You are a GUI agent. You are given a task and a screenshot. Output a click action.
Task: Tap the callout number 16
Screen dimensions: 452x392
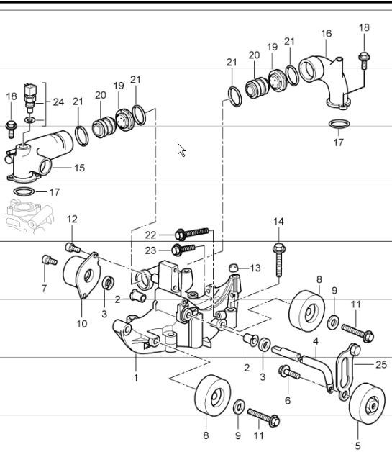(x=326, y=34)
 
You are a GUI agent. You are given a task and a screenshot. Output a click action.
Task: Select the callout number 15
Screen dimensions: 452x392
(x=78, y=168)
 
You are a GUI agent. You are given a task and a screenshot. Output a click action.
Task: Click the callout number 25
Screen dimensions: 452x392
(x=381, y=365)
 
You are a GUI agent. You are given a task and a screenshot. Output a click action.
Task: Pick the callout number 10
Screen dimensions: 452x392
(x=81, y=324)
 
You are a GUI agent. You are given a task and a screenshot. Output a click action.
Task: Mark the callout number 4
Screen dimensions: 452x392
(x=314, y=341)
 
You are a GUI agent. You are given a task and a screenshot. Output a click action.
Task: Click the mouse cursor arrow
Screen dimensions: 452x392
(x=181, y=150)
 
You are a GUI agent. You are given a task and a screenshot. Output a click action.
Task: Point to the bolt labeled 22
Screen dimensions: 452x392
(x=193, y=233)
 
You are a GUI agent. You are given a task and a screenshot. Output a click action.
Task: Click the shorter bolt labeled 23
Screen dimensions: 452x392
(x=186, y=249)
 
